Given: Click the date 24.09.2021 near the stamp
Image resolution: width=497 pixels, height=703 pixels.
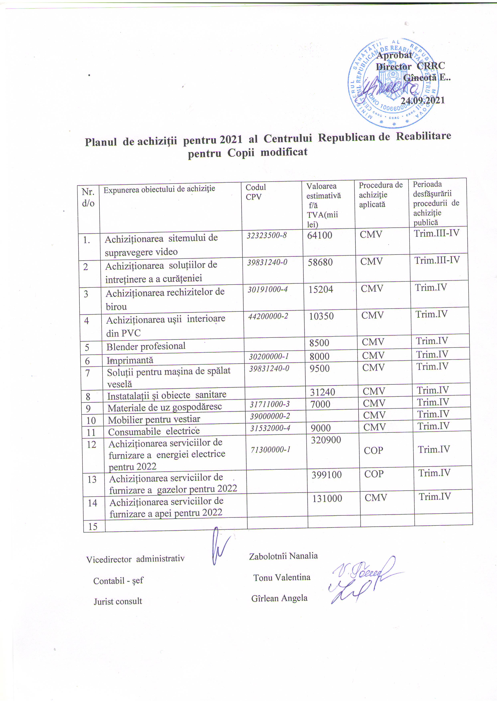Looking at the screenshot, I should (x=423, y=100).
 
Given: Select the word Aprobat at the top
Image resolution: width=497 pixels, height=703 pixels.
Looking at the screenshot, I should (x=394, y=56).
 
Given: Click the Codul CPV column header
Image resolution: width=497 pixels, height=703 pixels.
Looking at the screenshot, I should (x=255, y=192).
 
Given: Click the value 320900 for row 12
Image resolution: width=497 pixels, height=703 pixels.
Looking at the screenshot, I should (x=326, y=440).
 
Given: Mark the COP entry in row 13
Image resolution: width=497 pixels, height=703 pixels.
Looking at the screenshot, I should (x=374, y=474).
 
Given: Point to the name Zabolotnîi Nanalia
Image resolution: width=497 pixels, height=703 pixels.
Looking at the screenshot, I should (x=283, y=556).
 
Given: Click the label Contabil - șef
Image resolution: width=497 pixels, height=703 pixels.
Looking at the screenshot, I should (x=118, y=581).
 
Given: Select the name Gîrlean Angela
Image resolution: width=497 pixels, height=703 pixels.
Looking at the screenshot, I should (x=279, y=598).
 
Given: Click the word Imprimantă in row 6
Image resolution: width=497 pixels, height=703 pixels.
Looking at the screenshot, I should (x=130, y=360).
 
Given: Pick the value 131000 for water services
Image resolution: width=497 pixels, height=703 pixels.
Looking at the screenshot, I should (x=327, y=498).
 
